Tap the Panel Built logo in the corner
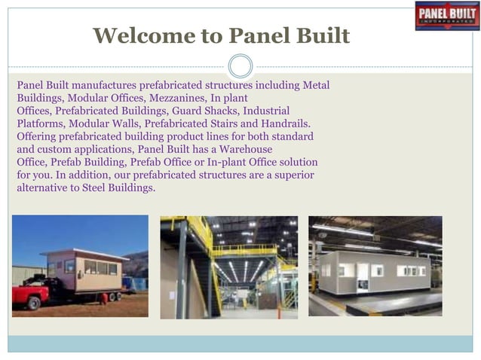(x=447, y=15)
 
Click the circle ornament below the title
(x=240, y=66)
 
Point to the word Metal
(x=316, y=85)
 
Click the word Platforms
(x=40, y=124)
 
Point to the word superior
(x=291, y=175)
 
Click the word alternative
(x=44, y=188)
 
